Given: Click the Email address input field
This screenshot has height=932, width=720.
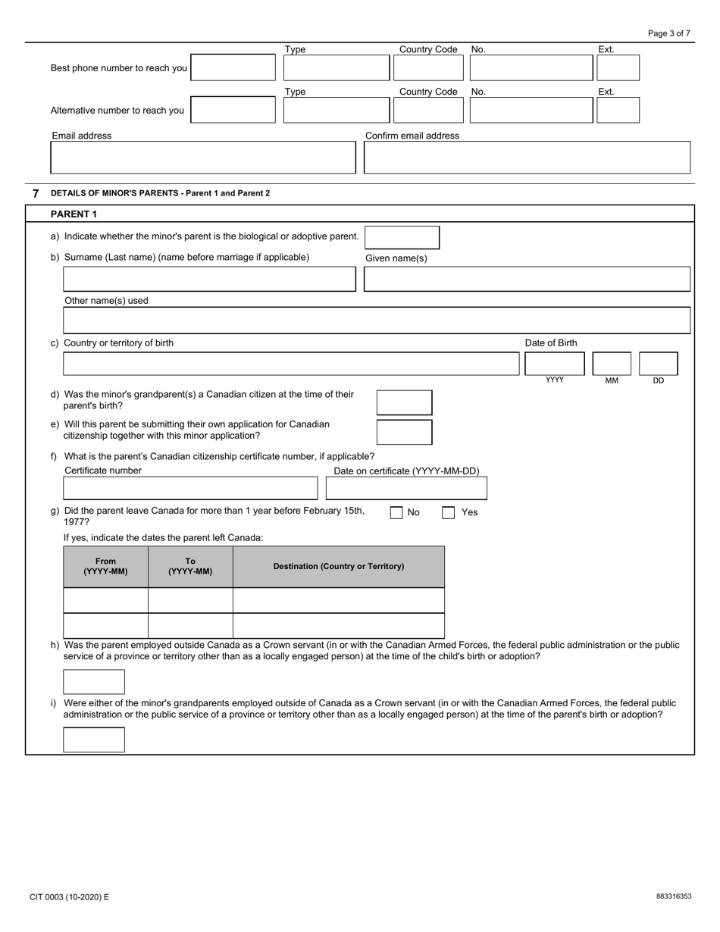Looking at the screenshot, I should point(202,158).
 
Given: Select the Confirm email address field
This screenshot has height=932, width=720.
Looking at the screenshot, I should point(527,158).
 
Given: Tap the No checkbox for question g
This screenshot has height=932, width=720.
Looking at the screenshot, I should point(396,513).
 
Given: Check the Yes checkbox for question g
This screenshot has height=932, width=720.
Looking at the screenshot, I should point(449,513).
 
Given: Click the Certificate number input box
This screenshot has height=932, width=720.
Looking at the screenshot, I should point(190,488).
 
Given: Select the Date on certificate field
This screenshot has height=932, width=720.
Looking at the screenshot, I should point(406,488).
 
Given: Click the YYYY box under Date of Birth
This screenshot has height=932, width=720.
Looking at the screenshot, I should point(554,364).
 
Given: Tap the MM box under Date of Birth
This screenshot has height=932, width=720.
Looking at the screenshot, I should point(612,364).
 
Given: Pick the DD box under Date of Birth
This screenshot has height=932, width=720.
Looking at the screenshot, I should point(658,364).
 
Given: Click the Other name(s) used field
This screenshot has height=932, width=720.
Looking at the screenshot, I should point(377,320).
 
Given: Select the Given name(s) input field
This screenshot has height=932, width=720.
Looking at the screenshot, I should point(527,279).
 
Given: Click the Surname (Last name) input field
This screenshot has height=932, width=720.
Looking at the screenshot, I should point(209,279).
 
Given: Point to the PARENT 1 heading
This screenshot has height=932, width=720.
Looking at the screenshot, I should point(74,214).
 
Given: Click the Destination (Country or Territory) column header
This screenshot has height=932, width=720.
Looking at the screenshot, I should point(339,567).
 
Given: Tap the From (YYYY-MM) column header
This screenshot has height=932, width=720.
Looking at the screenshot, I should point(106,567).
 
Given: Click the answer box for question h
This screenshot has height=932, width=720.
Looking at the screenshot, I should point(94,682).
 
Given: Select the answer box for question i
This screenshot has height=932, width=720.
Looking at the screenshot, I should point(94,740).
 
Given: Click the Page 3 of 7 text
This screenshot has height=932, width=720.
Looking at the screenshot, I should point(669,33).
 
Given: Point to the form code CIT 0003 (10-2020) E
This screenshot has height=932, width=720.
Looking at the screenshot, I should point(70,897).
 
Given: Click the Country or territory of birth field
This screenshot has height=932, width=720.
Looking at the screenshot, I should point(291,364).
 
